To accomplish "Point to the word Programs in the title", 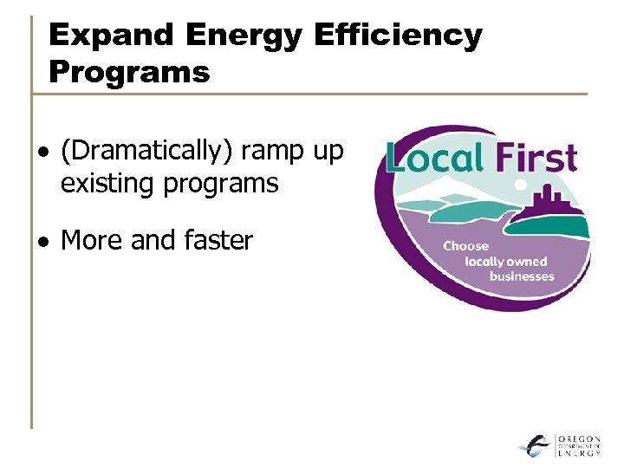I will click(x=129, y=72).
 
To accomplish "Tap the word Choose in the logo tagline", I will click(x=465, y=245).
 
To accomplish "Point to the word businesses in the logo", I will click(x=521, y=276).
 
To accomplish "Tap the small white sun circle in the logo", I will click(x=521, y=185).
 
